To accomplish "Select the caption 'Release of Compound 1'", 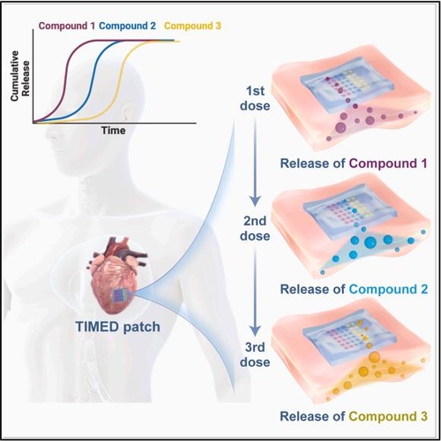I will click(x=353, y=163).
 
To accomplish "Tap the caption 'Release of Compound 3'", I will click(x=353, y=414).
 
